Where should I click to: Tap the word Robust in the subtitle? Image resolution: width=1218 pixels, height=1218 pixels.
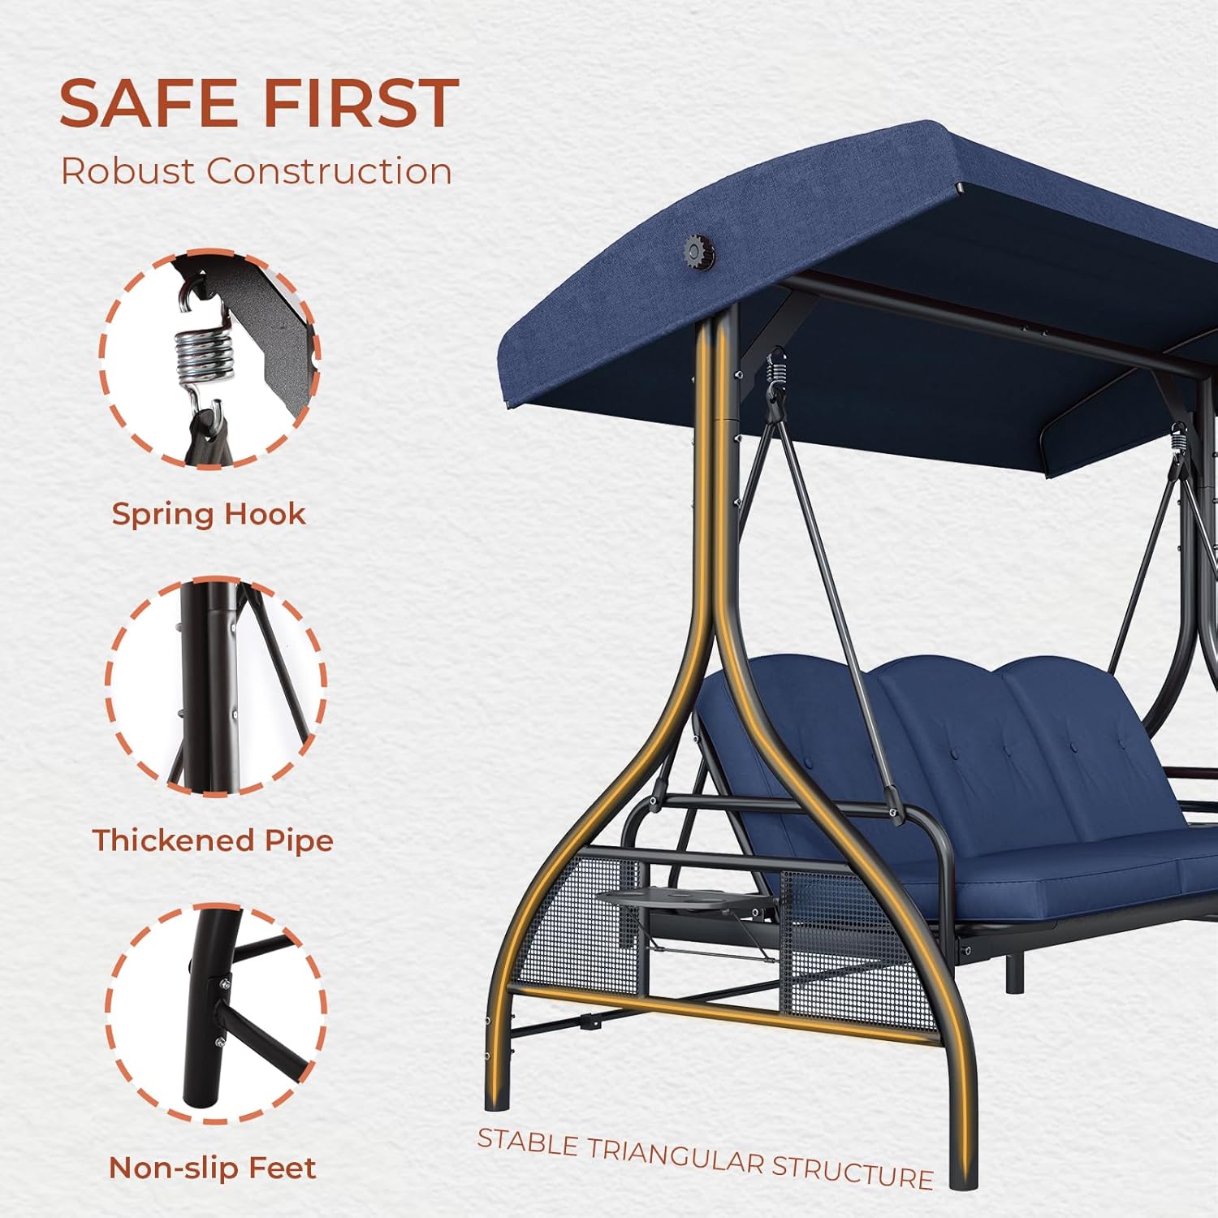coord(127,171)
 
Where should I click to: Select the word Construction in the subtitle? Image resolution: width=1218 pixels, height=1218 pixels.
coord(329,171)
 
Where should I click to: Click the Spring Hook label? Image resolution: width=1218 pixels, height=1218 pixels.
coord(209,515)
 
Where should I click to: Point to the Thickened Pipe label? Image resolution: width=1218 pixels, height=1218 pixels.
coord(213,841)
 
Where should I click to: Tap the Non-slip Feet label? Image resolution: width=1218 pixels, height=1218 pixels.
coord(213,1168)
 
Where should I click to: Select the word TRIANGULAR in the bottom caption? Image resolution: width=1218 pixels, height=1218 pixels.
coord(676,1156)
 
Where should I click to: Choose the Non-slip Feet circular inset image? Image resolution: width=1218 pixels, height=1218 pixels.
coord(215,1013)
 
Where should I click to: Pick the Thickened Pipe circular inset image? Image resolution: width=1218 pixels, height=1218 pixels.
coord(215,686)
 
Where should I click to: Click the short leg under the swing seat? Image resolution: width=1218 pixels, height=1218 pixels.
coord(1014,973)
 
